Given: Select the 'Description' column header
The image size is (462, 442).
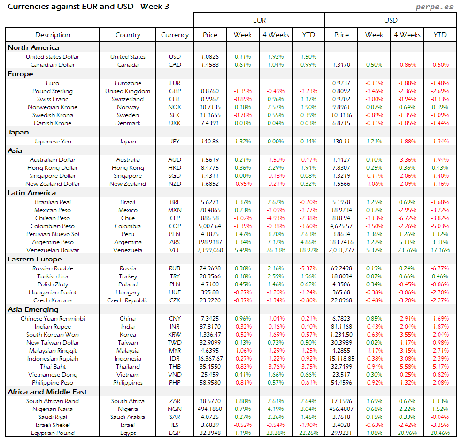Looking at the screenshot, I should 53,35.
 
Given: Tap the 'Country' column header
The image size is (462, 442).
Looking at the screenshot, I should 128,35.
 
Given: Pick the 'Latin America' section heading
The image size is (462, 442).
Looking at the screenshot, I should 31,193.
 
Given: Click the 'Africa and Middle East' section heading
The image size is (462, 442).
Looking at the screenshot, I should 47,392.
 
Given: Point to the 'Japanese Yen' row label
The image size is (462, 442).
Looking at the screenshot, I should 53,141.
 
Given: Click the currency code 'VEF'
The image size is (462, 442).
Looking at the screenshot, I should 175,250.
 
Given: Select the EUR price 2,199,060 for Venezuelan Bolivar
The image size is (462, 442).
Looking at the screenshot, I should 210,250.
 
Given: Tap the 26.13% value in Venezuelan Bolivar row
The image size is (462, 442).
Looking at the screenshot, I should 276,250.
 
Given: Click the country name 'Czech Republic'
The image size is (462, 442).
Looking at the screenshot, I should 128,300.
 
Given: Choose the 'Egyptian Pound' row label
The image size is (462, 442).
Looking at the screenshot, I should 53,433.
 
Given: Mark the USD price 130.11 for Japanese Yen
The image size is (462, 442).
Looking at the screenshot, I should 341,141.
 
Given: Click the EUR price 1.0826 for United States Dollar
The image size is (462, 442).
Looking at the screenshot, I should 210,57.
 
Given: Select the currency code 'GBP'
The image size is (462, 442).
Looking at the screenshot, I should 175,91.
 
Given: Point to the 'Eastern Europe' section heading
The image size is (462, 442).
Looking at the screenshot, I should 34,259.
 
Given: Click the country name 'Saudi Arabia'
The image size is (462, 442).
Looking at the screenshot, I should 128,417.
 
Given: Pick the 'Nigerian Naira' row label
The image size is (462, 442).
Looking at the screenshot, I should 53,409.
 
